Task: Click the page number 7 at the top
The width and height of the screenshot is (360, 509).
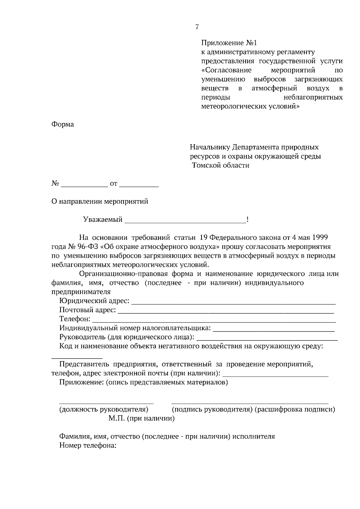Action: click(197, 27)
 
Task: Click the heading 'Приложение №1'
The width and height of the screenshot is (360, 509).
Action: click(229, 43)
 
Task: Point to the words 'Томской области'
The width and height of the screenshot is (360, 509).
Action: click(221, 165)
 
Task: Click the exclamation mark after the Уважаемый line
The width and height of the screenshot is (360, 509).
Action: click(247, 220)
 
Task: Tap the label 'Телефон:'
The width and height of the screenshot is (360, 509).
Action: click(75, 319)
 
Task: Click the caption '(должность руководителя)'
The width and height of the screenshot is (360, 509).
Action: click(104, 409)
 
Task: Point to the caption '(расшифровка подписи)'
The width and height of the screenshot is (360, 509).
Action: click(295, 409)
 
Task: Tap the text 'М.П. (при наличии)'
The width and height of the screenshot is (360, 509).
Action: click(141, 418)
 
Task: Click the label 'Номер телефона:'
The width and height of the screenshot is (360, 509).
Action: click(88, 446)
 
